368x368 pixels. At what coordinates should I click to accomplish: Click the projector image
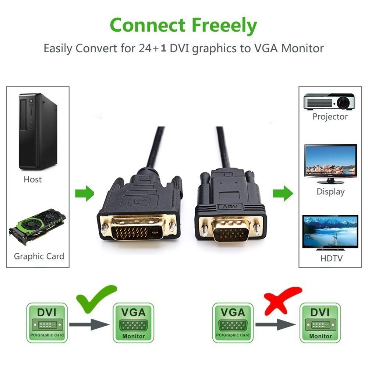tap(329, 101)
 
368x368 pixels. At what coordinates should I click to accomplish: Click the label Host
tap(33, 180)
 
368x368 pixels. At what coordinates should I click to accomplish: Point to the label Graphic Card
tap(39, 256)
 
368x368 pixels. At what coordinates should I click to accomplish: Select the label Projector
tap(330, 117)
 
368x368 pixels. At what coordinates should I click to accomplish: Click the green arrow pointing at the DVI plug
tap(85, 194)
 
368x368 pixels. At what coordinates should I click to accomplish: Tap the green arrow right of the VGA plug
tap(283, 194)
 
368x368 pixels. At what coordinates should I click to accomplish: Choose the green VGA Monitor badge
tap(134, 323)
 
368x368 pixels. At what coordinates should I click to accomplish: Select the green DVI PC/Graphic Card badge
tap(47, 323)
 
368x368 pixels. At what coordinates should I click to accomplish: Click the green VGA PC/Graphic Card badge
tap(233, 323)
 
